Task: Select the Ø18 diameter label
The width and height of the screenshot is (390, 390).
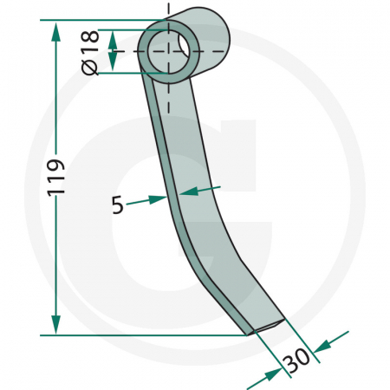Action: [x=91, y=51]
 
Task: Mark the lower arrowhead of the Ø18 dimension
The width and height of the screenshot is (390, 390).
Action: [x=114, y=65]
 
